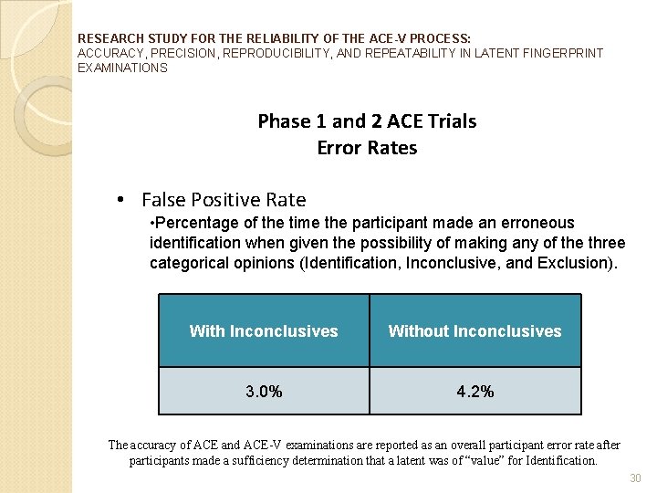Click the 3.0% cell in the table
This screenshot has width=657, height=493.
tap(264, 392)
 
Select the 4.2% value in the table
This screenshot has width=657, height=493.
tap(475, 392)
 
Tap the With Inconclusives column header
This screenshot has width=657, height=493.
tap(264, 331)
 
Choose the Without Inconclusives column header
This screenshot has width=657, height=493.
tap(475, 331)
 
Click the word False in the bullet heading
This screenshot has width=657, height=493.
tap(164, 200)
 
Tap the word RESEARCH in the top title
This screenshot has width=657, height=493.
tap(105, 39)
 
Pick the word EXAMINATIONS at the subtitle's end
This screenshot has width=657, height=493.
tap(123, 68)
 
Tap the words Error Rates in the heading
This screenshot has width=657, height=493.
tap(367, 148)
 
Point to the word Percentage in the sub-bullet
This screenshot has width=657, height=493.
tap(193, 223)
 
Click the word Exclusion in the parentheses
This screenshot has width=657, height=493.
tap(576, 263)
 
